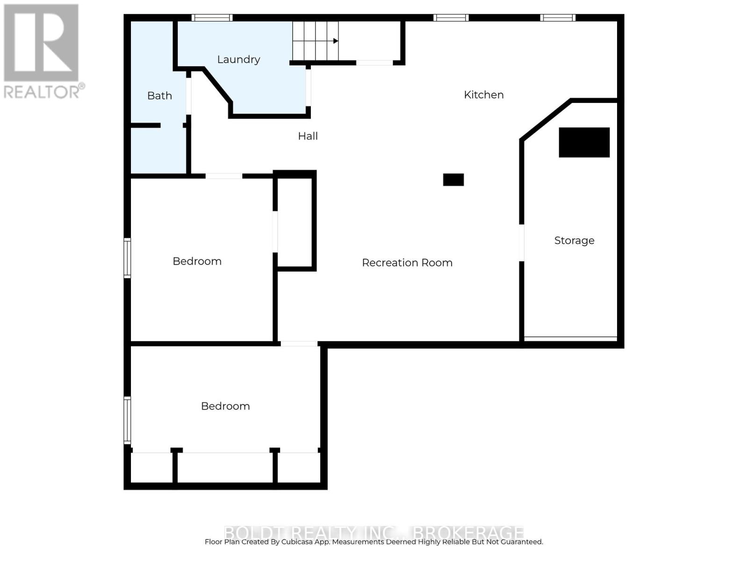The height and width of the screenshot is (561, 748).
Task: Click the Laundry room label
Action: (238, 59)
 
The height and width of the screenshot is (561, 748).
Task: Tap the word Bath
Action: (159, 96)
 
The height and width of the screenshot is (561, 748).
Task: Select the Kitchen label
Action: (483, 95)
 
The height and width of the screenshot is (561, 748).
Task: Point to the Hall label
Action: (308, 136)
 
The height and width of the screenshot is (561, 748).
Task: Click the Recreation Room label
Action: (407, 263)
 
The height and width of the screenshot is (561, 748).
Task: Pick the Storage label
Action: (574, 240)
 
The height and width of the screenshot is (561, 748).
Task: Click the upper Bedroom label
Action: (197, 261)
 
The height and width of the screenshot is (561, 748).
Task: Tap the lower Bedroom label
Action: (225, 406)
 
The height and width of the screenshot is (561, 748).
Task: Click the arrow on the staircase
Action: (335, 41)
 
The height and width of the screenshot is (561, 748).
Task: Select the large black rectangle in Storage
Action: (584, 142)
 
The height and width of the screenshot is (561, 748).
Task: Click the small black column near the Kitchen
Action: (453, 180)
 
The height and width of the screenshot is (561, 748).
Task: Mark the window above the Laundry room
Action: (212, 18)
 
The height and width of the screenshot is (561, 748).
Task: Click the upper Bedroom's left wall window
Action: (127, 258)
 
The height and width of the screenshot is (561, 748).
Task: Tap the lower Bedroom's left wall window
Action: (127, 420)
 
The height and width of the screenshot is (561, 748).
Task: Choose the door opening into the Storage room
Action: (522, 243)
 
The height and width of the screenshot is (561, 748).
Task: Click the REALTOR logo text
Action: (44, 91)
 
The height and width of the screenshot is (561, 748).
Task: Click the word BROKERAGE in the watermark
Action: (469, 532)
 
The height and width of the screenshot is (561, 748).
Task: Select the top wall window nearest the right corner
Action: (558, 18)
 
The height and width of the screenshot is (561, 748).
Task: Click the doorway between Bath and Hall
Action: (188, 96)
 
